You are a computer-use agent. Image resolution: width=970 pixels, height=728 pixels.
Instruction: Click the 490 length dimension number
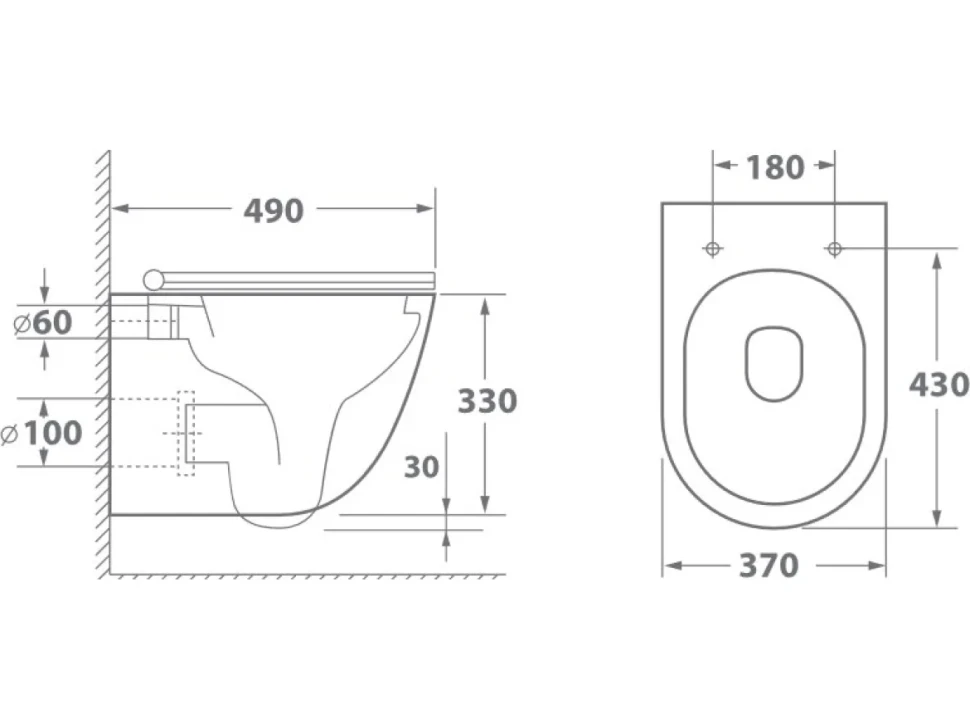(x=273, y=211)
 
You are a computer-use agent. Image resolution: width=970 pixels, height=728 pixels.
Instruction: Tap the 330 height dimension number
(x=487, y=401)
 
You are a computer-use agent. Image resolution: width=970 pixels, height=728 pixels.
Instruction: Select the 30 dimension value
(x=421, y=467)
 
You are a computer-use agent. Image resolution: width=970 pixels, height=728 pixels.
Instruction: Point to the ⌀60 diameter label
(x=43, y=322)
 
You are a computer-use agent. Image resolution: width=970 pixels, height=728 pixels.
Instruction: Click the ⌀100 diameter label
(x=42, y=432)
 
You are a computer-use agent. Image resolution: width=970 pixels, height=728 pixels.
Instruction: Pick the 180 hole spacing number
(x=775, y=168)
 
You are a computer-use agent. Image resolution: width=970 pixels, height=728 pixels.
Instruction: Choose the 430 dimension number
(x=938, y=385)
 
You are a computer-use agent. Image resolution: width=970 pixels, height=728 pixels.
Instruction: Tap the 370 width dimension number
(x=769, y=565)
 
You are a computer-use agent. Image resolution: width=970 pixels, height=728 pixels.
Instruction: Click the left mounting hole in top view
(x=713, y=249)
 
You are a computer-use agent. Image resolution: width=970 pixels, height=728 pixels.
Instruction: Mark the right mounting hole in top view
(x=835, y=249)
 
